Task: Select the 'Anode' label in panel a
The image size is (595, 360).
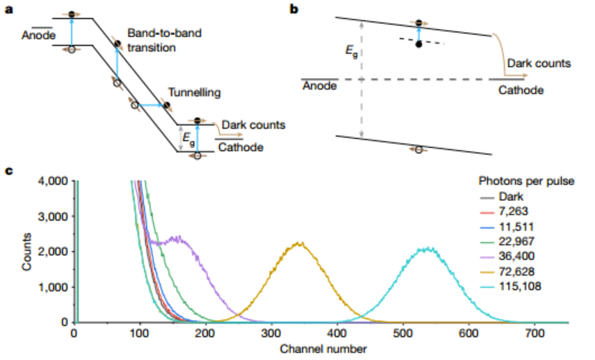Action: [x=36, y=34]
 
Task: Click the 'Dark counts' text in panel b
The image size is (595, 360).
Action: [x=538, y=63]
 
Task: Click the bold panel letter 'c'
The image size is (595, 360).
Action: [x=9, y=170]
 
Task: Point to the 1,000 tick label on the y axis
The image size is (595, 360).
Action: [x=52, y=287]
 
